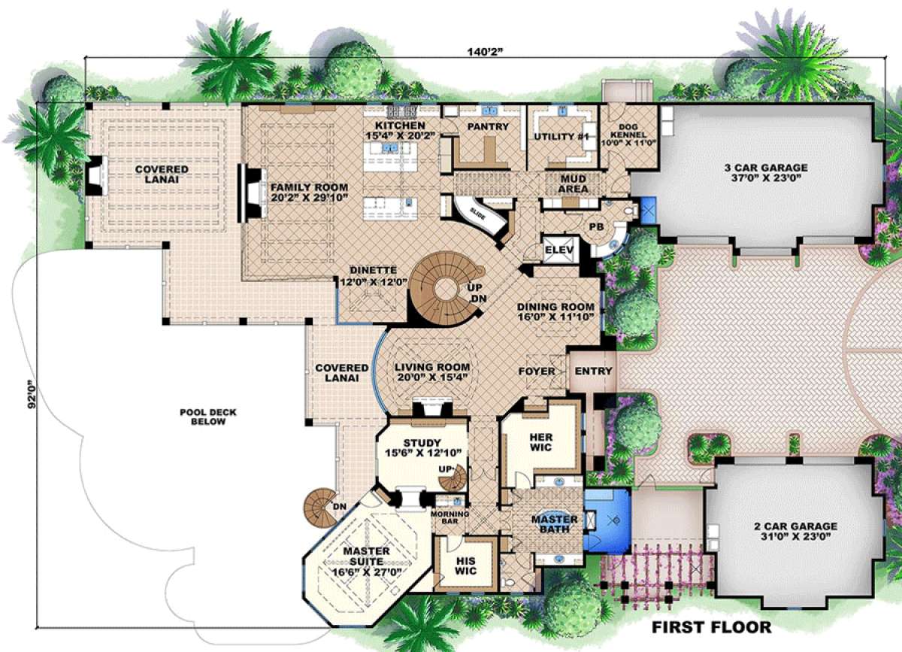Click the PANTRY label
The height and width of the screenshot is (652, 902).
click(488, 127)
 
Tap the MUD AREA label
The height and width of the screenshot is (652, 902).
click(573, 184)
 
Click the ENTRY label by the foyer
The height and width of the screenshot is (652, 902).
click(593, 371)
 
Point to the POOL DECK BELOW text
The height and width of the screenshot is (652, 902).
click(202, 417)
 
